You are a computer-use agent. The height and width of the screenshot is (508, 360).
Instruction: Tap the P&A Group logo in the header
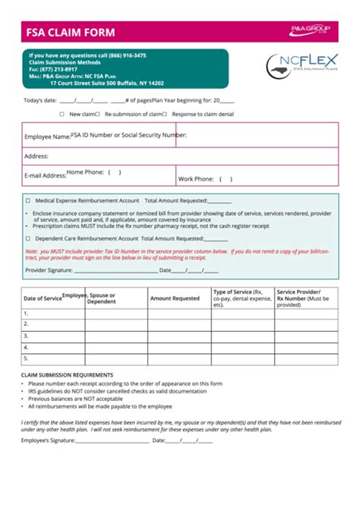[310, 30]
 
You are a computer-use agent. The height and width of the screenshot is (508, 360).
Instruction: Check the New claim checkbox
[62, 114]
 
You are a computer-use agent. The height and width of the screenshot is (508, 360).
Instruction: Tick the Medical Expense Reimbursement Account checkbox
[28, 200]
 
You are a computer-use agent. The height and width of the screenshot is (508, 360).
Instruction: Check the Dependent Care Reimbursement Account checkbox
[28, 238]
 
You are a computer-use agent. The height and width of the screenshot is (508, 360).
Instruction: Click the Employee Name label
[46, 137]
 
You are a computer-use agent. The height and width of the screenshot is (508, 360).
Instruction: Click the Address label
[36, 156]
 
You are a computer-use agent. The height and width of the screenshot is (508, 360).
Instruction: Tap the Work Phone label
[196, 179]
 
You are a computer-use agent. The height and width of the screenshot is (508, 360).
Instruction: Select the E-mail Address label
[45, 175]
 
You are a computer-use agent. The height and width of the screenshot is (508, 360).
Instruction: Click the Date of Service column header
[43, 298]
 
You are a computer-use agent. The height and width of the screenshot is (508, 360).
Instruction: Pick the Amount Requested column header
[175, 298]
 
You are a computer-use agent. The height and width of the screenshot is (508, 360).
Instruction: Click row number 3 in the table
[26, 335]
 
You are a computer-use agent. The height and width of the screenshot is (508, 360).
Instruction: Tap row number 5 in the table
[26, 358]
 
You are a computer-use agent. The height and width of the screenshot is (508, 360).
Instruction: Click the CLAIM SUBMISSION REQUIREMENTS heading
[67, 375]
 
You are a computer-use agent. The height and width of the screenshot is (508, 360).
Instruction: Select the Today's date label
[39, 100]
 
